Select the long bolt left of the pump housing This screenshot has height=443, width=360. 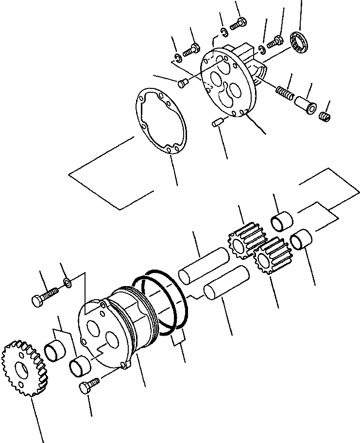pos(45,296)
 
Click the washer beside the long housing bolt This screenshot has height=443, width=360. pos(68,283)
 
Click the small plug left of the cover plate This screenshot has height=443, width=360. pos(183,84)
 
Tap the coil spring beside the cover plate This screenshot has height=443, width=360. pos(285,92)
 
